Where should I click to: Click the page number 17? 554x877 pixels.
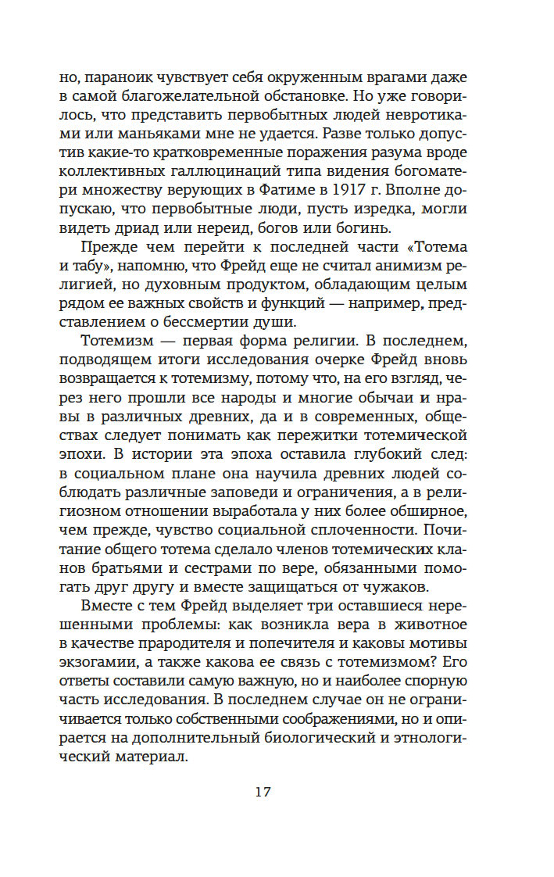pyautogui.click(x=262, y=792)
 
